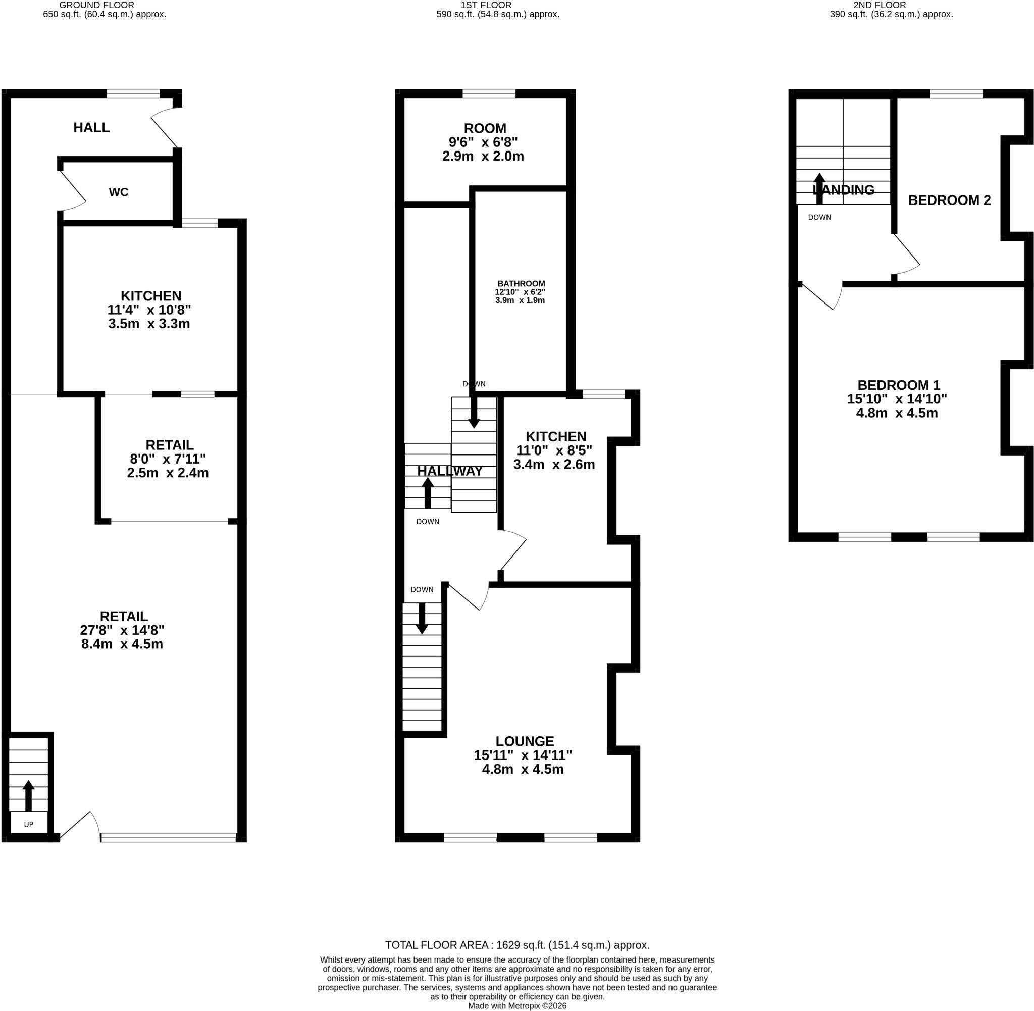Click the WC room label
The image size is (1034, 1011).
118,192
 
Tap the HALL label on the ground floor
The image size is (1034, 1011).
91,127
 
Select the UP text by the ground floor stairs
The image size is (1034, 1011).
29,824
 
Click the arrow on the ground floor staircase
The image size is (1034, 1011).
29,795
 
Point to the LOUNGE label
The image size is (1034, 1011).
525,741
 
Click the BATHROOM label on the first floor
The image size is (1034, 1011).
521,283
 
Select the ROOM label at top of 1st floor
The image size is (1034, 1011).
485,128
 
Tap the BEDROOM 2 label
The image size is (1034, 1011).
949,200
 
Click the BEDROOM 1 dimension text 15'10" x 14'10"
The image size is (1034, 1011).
897,399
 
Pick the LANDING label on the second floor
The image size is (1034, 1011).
844,189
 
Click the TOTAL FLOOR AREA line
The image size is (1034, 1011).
517,945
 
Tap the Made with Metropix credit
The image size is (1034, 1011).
517,1005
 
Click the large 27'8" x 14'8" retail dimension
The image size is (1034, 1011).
122,630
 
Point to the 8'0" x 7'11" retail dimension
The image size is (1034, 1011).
168,459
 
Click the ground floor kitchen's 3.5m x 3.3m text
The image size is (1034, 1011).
148,324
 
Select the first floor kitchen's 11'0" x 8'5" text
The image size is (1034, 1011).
554,450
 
